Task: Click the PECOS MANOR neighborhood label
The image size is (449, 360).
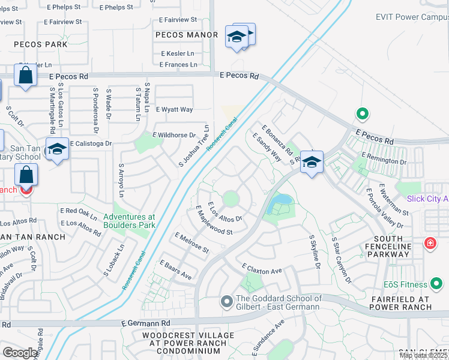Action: point(186,35)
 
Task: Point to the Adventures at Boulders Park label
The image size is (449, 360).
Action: point(129,221)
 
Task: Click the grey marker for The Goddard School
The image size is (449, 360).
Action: point(226,301)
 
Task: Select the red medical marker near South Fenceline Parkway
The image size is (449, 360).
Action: point(430,244)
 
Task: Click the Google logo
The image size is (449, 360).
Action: point(20,352)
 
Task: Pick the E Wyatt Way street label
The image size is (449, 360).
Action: point(175,110)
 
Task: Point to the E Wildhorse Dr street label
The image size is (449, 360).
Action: point(175,136)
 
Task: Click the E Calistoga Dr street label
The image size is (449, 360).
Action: point(91,144)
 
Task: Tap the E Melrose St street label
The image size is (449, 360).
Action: point(191,243)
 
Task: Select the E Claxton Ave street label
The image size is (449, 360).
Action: point(262,268)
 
